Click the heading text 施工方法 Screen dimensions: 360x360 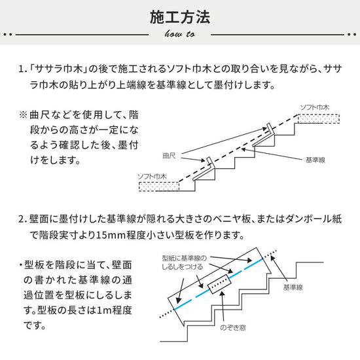pyautogui.click(x=179, y=15)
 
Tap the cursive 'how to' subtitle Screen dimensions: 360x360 pyautogui.click(x=179, y=33)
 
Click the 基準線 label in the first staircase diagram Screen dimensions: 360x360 pyautogui.click(x=315, y=160)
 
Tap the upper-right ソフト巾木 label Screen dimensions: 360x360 pyautogui.click(x=314, y=106)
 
